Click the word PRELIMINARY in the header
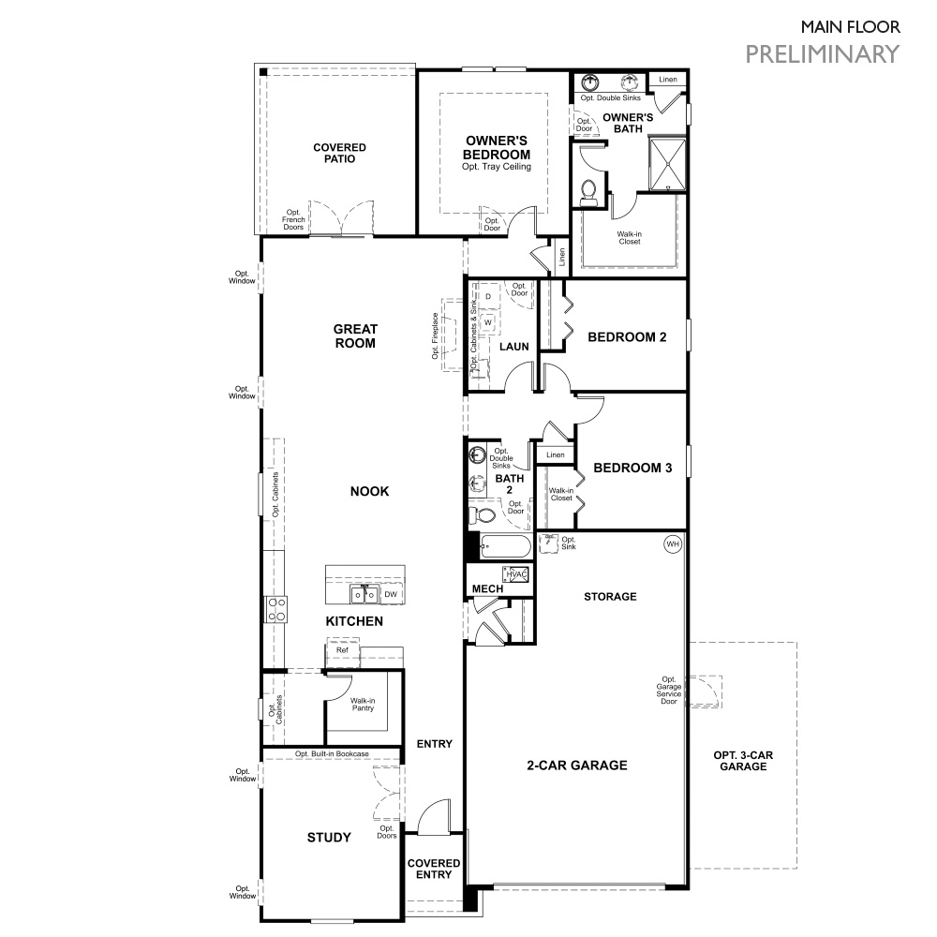pyautogui.click(x=822, y=53)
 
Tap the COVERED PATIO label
pyautogui.click(x=339, y=153)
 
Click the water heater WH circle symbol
pyautogui.click(x=672, y=544)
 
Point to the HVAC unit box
pyautogui.click(x=518, y=574)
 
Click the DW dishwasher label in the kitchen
pyautogui.click(x=391, y=594)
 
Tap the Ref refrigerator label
pyautogui.click(x=342, y=649)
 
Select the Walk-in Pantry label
pyautogui.click(x=363, y=704)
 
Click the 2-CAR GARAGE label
pyautogui.click(x=576, y=766)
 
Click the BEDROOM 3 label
pyautogui.click(x=632, y=468)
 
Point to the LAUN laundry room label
pyautogui.click(x=513, y=347)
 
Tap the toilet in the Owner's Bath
pyautogui.click(x=589, y=191)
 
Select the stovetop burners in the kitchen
pyautogui.click(x=276, y=609)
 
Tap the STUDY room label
pyautogui.click(x=329, y=837)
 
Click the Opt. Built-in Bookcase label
pyautogui.click(x=332, y=753)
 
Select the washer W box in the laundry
pyautogui.click(x=488, y=321)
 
